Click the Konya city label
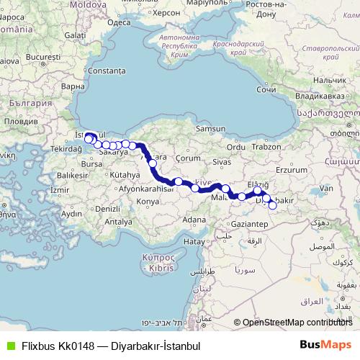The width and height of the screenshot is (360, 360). [x=147, y=201]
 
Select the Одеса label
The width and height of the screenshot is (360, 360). [x=118, y=22]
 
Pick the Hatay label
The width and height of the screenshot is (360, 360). [x=194, y=242]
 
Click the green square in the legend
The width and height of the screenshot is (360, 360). [x=9, y=346]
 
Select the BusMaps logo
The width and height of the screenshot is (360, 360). [x=325, y=345]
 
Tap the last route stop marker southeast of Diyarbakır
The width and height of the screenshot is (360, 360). [x=272, y=205]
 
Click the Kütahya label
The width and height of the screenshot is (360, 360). [x=125, y=174]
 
